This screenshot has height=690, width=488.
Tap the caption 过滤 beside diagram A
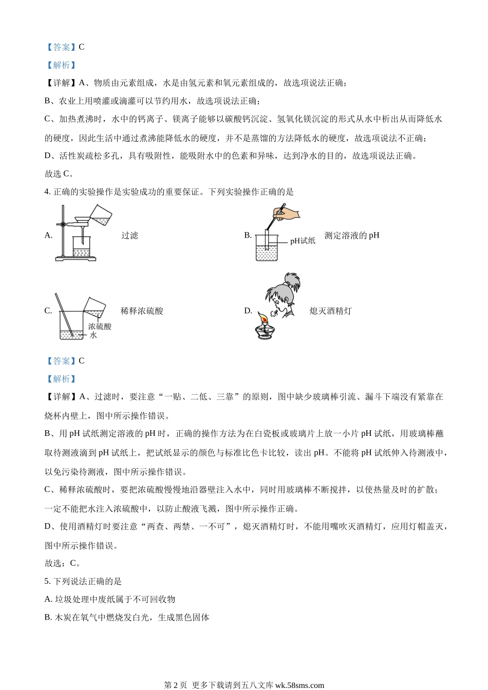(x=130, y=236)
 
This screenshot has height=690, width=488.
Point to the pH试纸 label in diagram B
(x=303, y=240)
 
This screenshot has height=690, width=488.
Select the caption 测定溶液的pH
(x=352, y=236)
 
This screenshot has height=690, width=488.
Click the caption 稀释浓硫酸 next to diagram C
(x=142, y=311)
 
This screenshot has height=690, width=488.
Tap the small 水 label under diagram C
(x=93, y=335)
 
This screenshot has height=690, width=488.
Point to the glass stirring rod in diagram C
(x=66, y=313)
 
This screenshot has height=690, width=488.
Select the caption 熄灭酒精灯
(x=331, y=311)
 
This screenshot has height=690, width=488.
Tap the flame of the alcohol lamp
(x=264, y=319)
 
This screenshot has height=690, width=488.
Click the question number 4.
(x=47, y=192)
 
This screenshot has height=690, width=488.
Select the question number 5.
(x=47, y=581)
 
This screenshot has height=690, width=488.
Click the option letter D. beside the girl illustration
(x=248, y=311)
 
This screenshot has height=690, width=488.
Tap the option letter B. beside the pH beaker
(x=248, y=236)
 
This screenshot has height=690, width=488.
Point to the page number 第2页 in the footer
(x=175, y=685)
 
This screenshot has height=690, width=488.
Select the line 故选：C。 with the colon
(x=63, y=563)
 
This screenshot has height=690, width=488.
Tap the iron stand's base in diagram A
(x=76, y=258)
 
